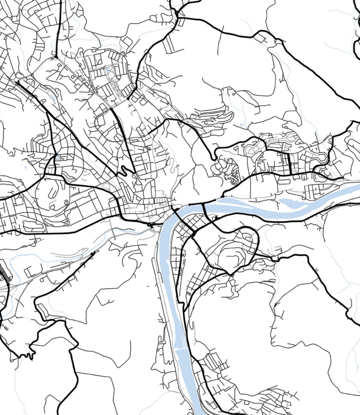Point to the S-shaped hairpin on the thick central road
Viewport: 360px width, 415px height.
coord(124,171)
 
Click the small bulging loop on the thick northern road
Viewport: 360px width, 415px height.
coord(259,37)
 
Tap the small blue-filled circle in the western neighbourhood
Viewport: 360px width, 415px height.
coord(58,157)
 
